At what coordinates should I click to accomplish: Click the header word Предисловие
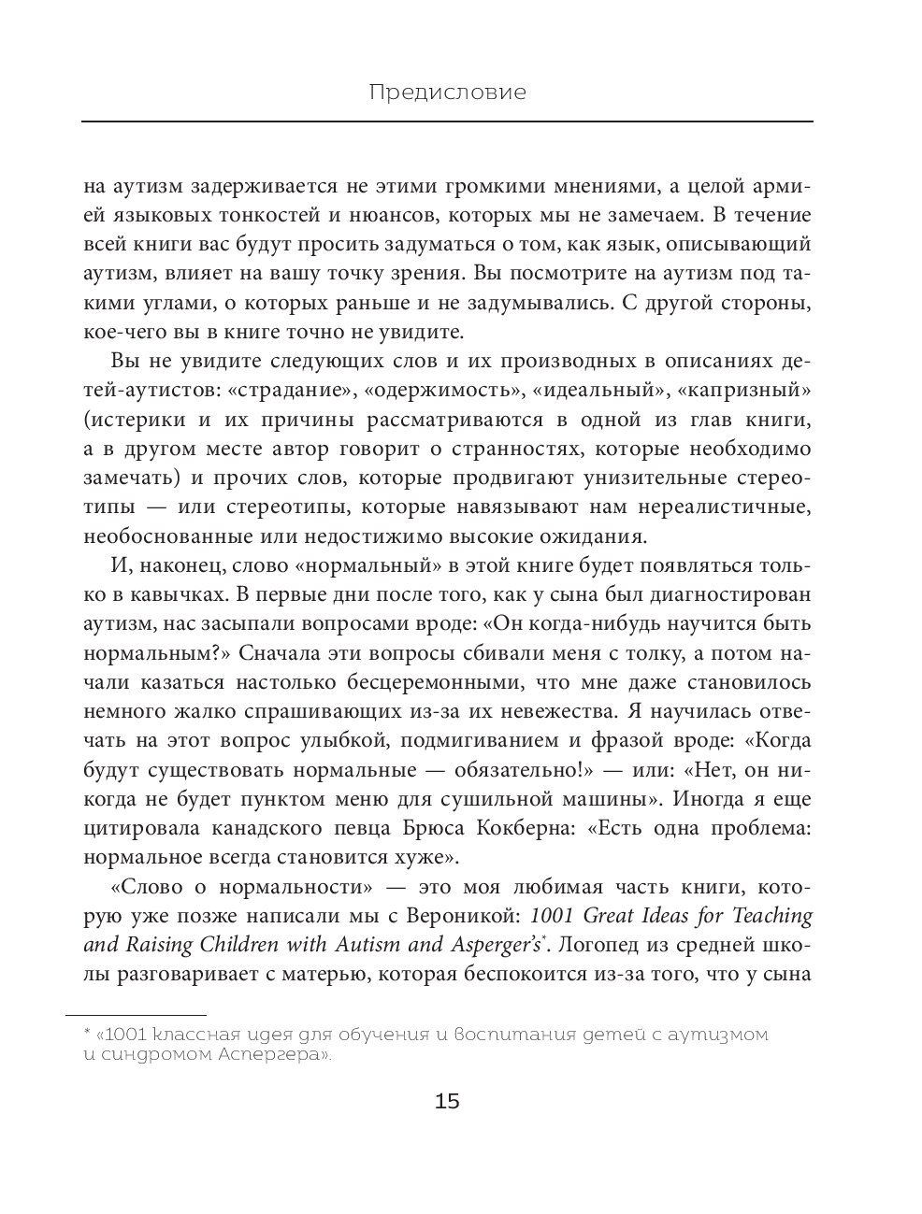pos(447,93)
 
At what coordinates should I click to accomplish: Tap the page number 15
pos(448,1101)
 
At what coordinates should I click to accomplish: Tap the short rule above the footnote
pos(136,1014)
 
